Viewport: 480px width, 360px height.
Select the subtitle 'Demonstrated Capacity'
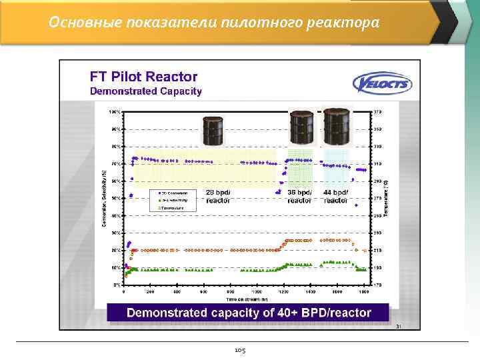146,91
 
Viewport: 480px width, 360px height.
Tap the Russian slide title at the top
214,23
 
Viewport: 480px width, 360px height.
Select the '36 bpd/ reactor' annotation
299,196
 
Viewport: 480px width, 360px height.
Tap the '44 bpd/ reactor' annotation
335,196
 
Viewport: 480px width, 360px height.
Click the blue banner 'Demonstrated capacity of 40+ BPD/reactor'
249,313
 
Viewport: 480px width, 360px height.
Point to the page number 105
240,349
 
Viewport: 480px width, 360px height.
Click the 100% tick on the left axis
115,111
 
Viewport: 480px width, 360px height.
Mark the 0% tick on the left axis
117,285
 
